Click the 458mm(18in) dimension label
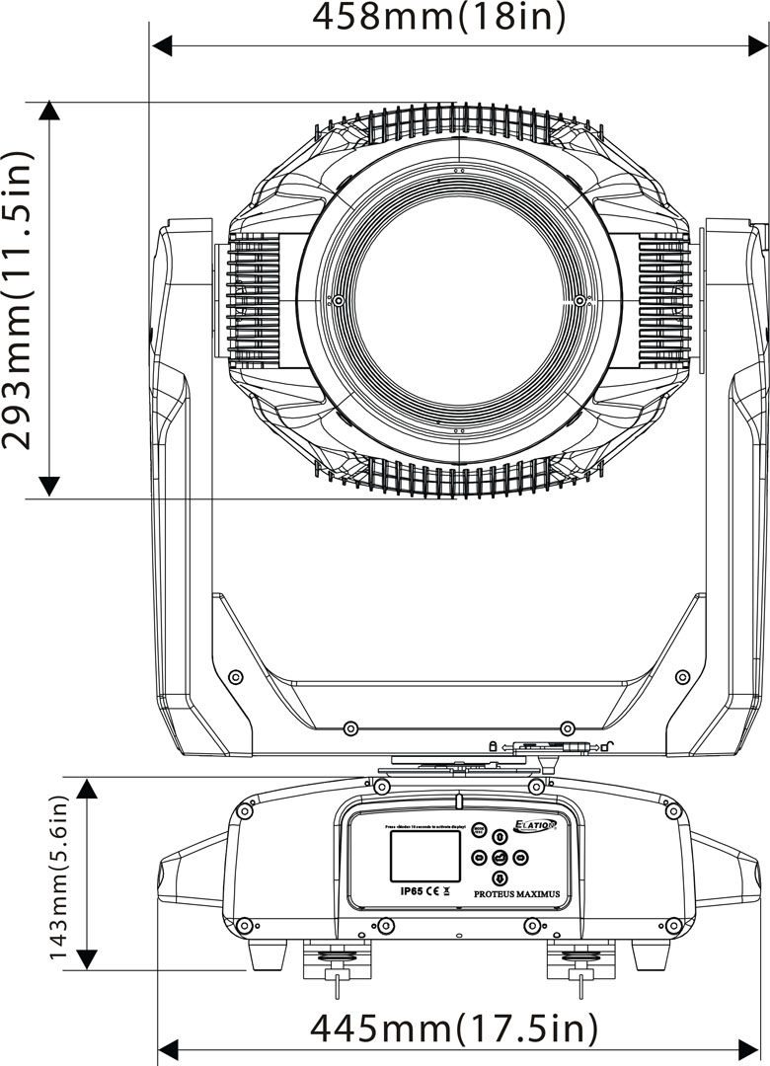point(439,18)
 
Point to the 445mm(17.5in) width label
point(454,1028)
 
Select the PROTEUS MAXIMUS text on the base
point(516,893)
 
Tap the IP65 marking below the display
point(412,890)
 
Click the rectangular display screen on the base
point(425,856)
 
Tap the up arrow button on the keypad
point(500,836)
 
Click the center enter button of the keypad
point(500,857)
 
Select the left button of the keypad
point(480,857)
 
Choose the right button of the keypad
point(521,857)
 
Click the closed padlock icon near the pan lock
point(491,746)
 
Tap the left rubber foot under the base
point(266,954)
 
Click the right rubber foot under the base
point(649,954)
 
